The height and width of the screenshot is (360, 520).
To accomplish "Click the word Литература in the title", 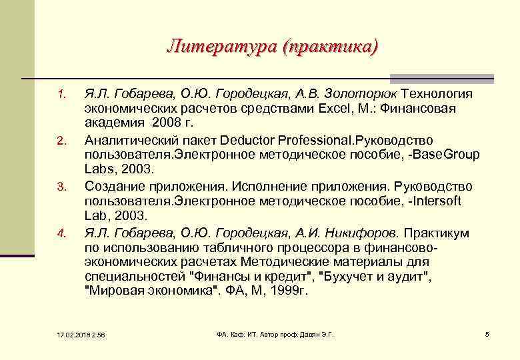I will (221, 46).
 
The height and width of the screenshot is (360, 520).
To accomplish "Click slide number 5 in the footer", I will (487, 333).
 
